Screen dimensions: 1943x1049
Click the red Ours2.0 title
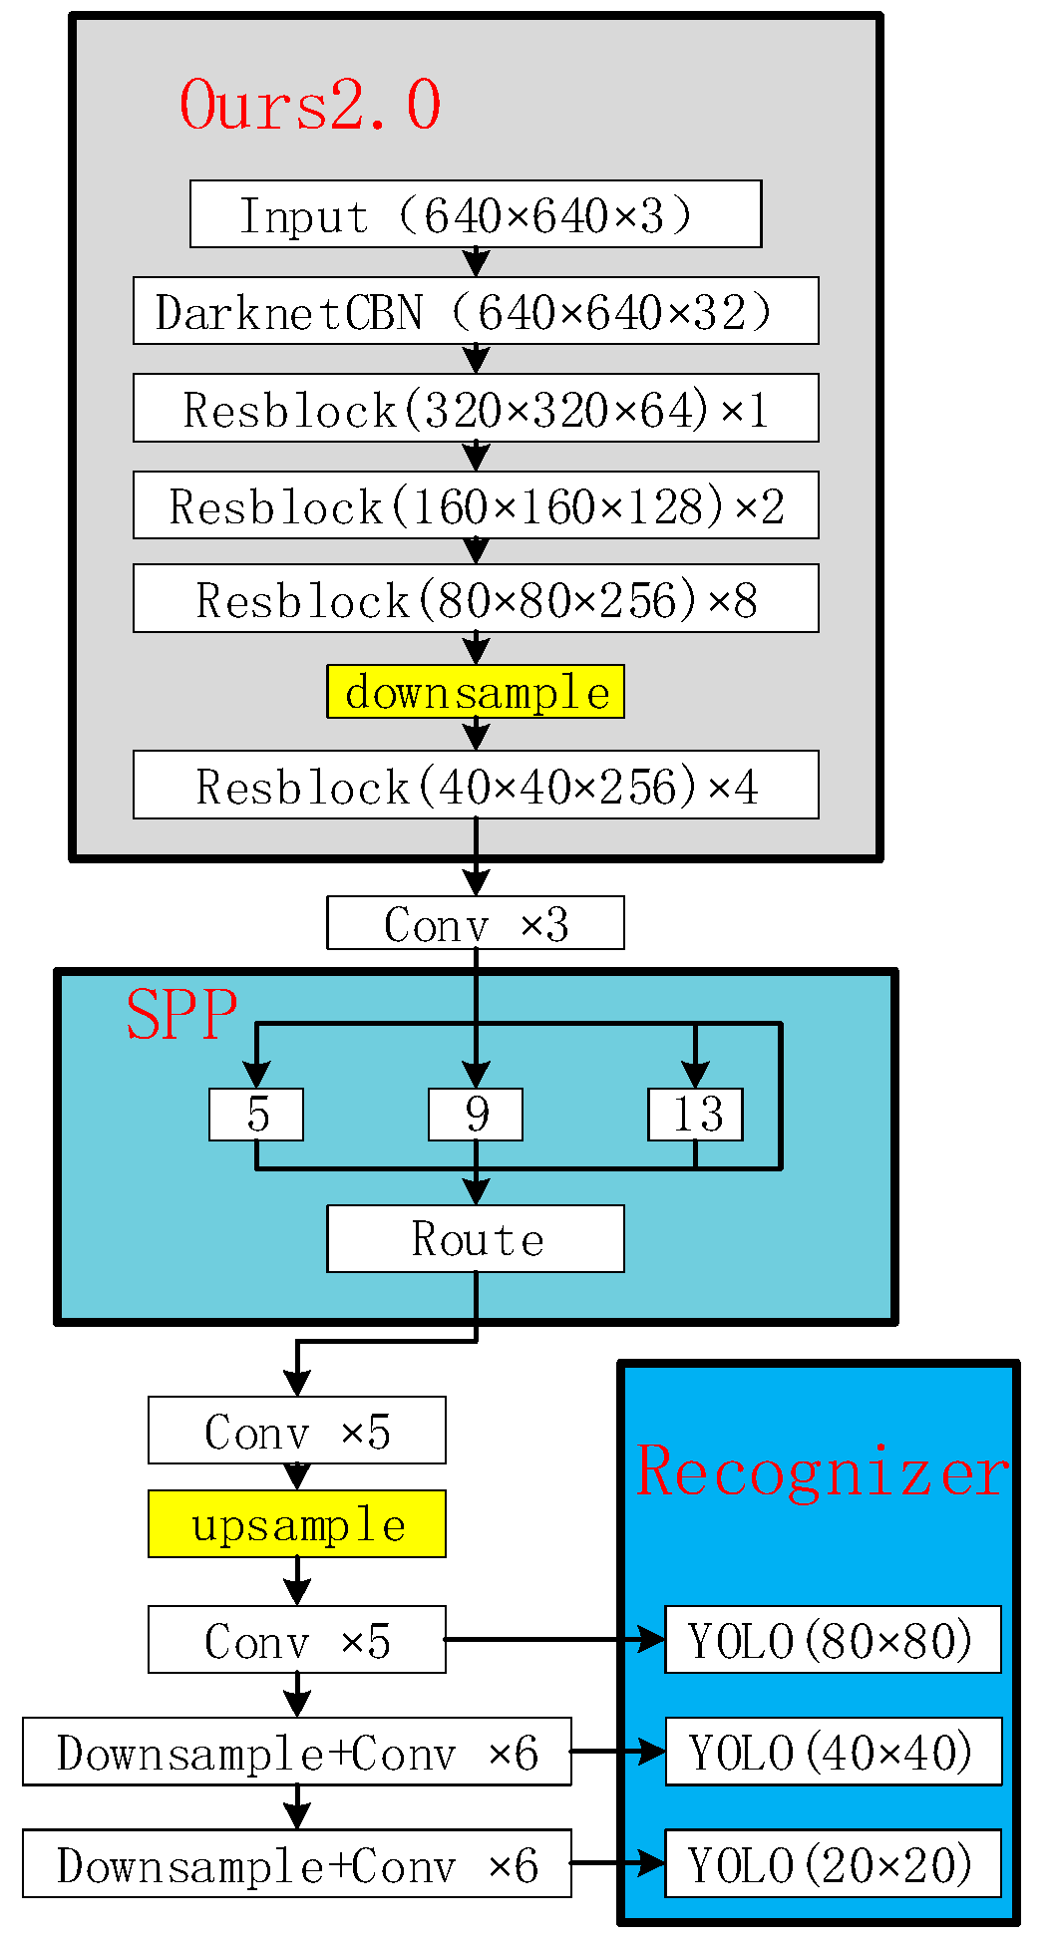pos(309,105)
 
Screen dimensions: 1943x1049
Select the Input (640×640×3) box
pos(476,214)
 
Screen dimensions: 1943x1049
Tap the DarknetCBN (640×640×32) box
pos(476,311)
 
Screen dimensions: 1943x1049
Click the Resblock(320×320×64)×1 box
pos(476,408)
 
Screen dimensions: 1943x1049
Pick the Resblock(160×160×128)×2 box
pos(476,505)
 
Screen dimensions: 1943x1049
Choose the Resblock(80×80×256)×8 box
pos(476,598)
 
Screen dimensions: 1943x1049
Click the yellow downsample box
pos(476,692)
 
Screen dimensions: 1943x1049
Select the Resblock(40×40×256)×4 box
pos(476,785)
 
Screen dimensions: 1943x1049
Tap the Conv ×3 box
pos(476,923)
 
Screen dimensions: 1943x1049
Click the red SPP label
pos(181,1015)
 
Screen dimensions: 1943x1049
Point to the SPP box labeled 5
pos(256,1115)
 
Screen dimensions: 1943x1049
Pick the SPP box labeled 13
pos(695,1115)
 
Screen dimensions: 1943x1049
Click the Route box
pos(476,1239)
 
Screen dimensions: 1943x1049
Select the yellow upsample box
pos(297,1524)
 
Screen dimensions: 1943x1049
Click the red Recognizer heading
pos(822,1471)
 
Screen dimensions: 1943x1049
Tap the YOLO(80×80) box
pos(833,1640)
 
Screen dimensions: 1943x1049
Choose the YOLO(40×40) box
pos(833,1752)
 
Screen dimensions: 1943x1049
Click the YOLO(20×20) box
pos(833,1863)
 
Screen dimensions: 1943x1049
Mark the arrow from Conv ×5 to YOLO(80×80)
pos(553,1639)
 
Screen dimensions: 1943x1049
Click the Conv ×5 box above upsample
pos(297,1431)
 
